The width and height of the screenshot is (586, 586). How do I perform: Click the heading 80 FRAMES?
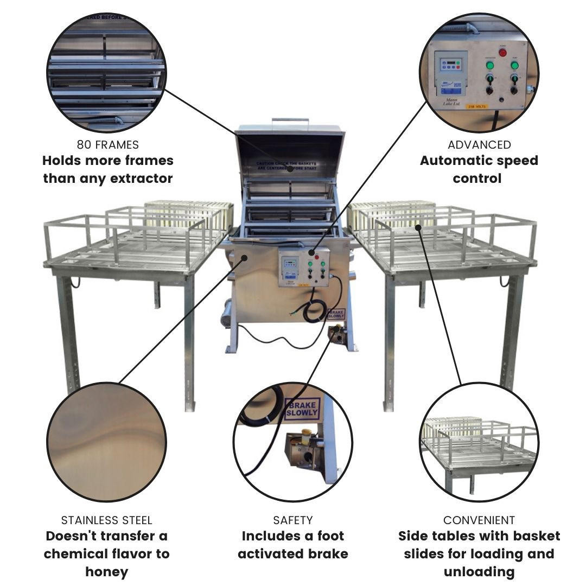click(107, 144)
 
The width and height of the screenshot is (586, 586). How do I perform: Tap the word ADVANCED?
click(479, 144)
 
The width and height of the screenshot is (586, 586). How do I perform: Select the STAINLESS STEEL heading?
click(106, 520)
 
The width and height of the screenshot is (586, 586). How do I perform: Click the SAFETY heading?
click(292, 520)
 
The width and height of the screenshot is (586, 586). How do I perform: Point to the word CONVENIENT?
click(479, 520)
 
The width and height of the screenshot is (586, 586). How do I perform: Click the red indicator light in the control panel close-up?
click(502, 53)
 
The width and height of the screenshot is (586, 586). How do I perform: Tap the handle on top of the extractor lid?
click(290, 121)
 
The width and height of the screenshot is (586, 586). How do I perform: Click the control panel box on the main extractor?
click(304, 266)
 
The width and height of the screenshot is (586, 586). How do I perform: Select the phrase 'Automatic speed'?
click(479, 161)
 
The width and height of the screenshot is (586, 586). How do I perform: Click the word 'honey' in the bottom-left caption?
click(106, 571)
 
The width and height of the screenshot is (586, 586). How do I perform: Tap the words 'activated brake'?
click(292, 554)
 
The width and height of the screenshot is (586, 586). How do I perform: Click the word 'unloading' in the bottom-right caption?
click(479, 571)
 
